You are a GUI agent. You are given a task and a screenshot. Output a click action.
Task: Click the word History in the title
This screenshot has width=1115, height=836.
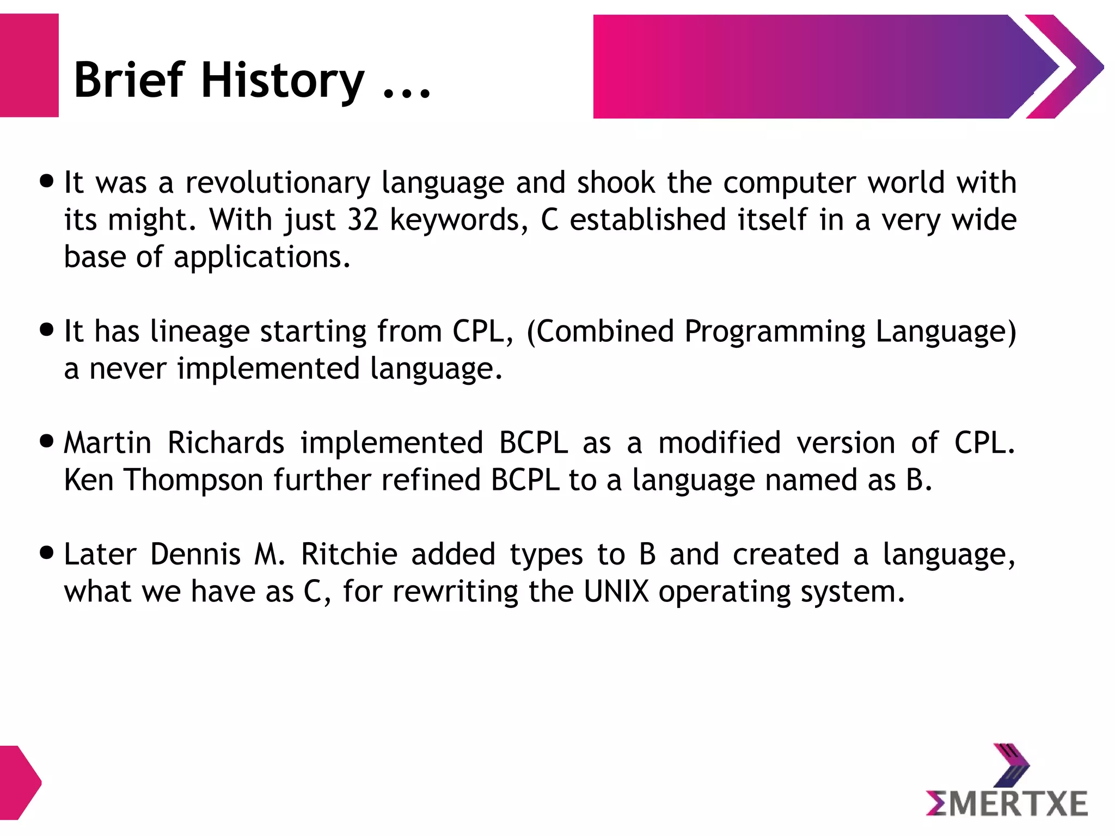coord(282,81)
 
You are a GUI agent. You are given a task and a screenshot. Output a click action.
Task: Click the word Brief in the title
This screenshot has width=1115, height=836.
coord(129,81)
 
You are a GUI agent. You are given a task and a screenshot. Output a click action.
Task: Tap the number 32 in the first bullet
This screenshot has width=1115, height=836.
coord(363,220)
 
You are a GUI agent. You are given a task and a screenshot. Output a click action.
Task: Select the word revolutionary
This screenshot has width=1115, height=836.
coord(278,183)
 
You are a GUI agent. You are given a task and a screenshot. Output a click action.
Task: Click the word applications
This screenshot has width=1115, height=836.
coord(261,257)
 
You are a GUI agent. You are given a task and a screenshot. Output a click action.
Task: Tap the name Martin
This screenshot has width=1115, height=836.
coord(107,443)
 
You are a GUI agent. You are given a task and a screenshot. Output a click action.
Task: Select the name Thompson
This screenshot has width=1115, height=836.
coord(194,480)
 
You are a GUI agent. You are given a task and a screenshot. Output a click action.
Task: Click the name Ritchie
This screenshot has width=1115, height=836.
coord(349,555)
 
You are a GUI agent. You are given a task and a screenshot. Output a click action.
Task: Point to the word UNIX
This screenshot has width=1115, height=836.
coord(616,592)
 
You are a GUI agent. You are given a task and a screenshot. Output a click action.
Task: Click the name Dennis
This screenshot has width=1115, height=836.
coord(195,555)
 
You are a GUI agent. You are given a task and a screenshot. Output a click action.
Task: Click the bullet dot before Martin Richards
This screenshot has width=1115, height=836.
coord(47,441)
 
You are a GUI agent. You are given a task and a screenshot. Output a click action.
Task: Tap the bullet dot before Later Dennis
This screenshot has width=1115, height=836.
coord(47,553)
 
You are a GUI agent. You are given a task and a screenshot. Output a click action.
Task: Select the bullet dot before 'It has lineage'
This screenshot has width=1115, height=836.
coord(47,329)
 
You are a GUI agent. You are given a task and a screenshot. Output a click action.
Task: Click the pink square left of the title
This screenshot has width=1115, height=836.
coord(29,65)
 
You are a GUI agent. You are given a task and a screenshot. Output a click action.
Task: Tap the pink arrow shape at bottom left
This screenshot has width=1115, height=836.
coord(19,783)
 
